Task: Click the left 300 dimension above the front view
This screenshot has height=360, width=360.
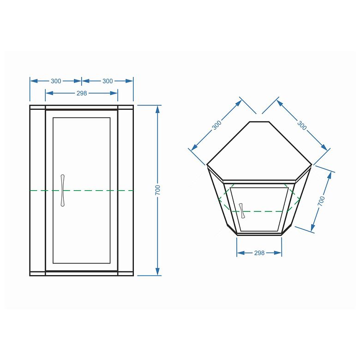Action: tap(56, 81)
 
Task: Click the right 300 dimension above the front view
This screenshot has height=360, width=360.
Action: tap(108, 81)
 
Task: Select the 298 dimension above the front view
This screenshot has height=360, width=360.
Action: tap(82, 93)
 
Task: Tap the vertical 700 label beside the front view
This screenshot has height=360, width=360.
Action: tap(158, 190)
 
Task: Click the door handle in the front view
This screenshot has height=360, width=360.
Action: tap(62, 191)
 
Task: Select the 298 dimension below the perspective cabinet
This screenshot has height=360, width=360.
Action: tap(259, 253)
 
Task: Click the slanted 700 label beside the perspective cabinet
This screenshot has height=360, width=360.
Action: tap(321, 201)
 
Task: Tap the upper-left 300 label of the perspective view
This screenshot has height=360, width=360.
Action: tap(216, 125)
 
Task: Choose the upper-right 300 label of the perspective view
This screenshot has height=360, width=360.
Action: tap(302, 126)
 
